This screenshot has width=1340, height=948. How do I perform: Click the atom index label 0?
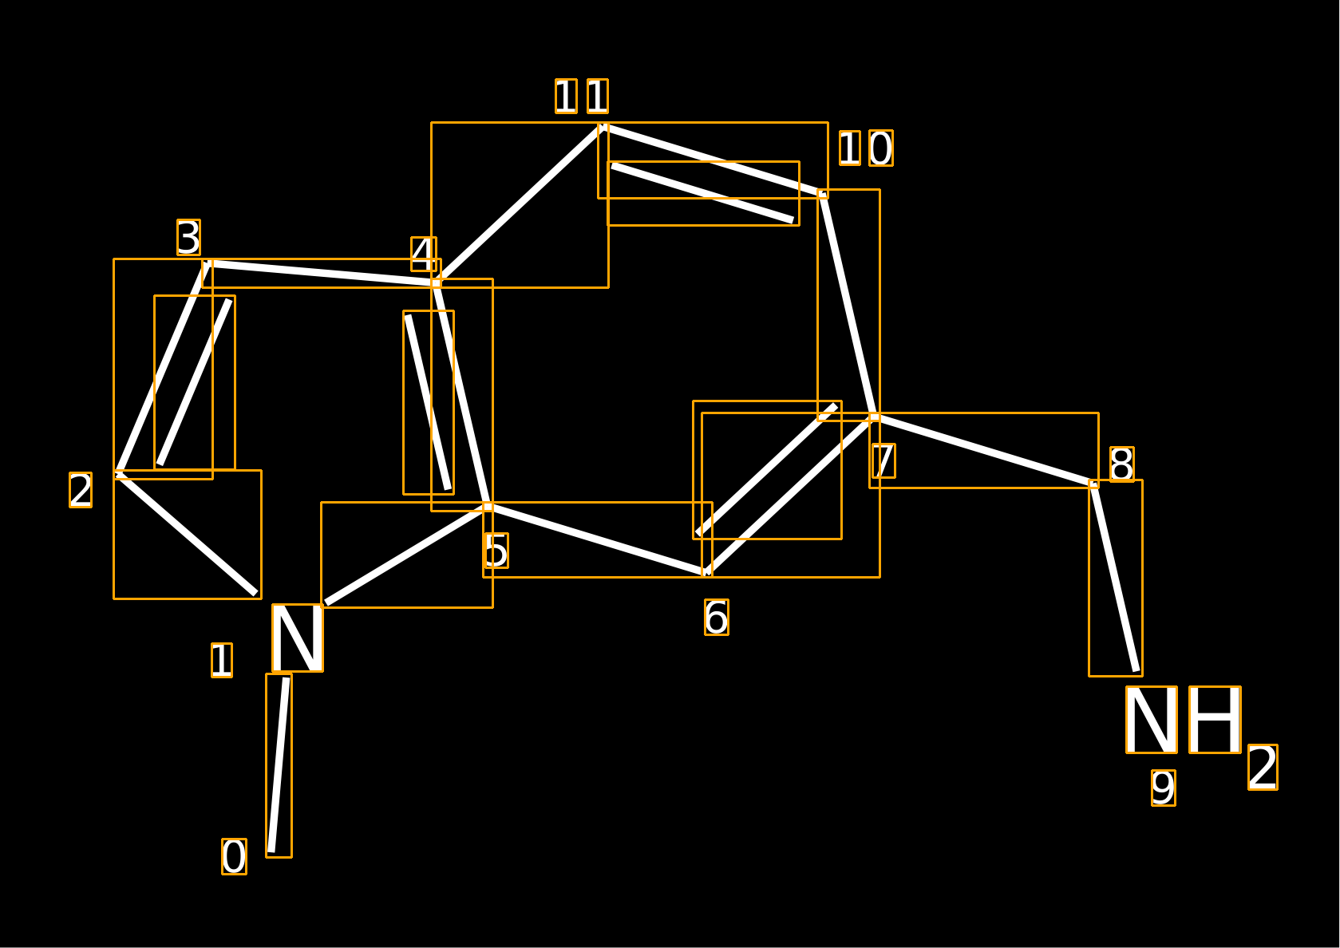234,856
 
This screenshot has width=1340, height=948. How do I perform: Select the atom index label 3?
188,238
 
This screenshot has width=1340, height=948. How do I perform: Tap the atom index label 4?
424,255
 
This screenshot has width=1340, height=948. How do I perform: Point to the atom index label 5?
496,551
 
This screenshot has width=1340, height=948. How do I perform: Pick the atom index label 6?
717,618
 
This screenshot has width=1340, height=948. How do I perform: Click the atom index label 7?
883,460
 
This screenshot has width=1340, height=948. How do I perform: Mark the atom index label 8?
1122,464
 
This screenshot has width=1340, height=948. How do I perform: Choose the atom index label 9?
1164,788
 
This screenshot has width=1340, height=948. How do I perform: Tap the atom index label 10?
866,148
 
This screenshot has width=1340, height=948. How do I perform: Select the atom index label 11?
582,96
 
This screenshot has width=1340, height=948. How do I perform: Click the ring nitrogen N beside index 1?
298,638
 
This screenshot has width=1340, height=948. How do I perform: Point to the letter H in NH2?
1215,720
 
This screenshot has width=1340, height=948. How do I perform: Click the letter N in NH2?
1152,720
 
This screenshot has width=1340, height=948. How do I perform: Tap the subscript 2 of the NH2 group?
1263,768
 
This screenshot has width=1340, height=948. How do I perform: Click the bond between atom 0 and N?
279,765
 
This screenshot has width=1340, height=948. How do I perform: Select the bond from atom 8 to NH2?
1115,577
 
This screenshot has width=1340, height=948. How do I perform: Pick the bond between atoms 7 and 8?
984,450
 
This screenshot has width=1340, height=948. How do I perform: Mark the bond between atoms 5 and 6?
598,539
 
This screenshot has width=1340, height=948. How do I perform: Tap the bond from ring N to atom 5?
407,555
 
